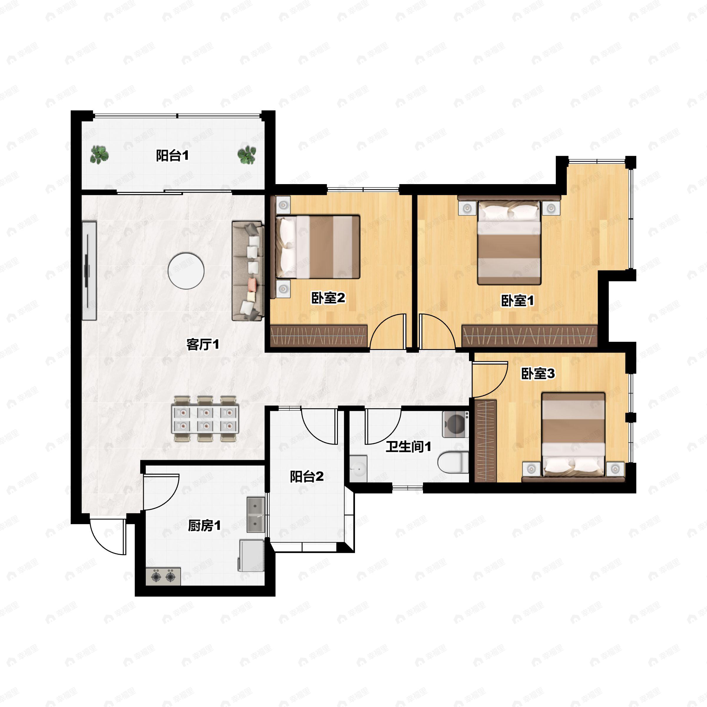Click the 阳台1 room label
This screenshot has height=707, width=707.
(x=172, y=156)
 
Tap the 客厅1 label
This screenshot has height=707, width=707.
(x=203, y=344)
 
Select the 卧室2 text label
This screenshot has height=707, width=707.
(x=328, y=298)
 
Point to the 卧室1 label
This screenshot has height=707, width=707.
(x=517, y=300)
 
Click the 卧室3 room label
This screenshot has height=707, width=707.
(x=538, y=373)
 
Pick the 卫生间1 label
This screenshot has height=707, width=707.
(x=408, y=447)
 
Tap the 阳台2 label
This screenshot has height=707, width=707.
(x=307, y=476)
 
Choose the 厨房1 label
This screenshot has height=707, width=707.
(x=204, y=526)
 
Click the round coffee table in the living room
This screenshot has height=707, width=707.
(x=186, y=271)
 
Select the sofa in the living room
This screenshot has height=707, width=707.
(x=248, y=271)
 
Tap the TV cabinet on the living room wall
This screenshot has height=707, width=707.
(x=89, y=271)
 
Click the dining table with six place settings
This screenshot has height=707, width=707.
(x=205, y=419)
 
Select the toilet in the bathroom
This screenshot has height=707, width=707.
(x=453, y=462)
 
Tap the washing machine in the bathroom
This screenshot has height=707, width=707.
(x=456, y=424)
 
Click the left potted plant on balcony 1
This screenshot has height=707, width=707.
(x=99, y=154)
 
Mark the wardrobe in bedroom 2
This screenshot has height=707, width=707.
(x=319, y=336)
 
